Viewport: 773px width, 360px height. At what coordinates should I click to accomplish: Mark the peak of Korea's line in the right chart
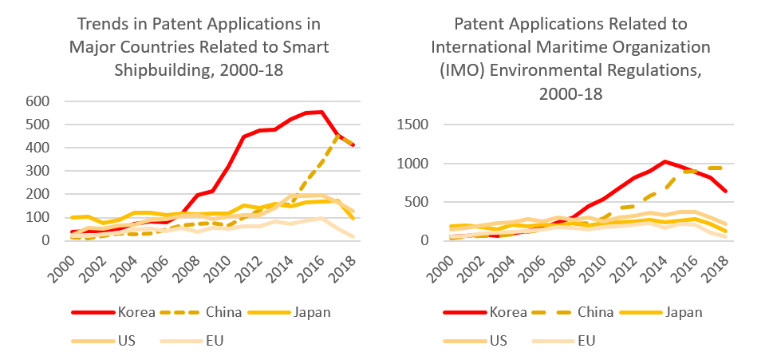(665, 161)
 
